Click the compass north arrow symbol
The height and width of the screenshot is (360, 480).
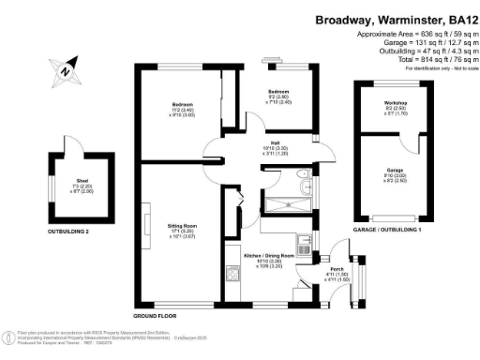click(63, 70)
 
